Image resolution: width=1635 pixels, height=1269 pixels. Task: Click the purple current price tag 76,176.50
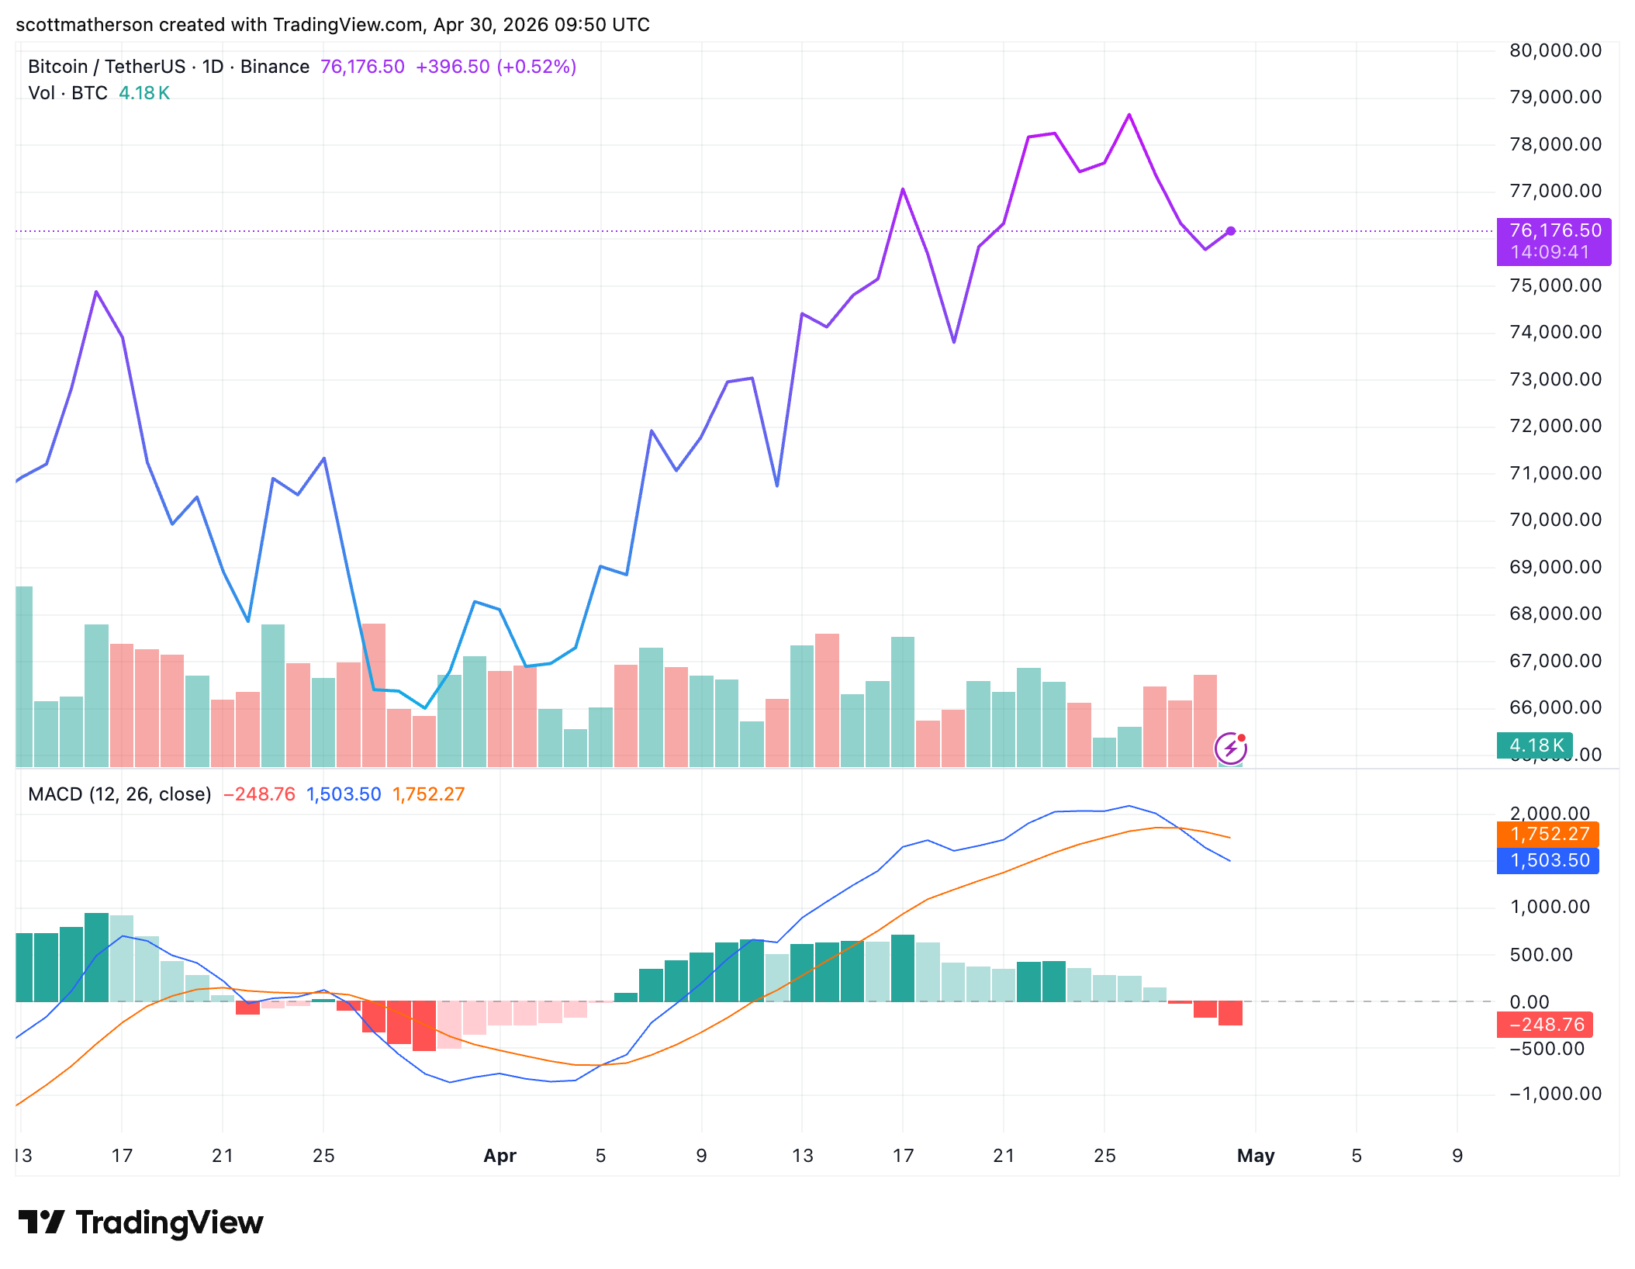(1554, 231)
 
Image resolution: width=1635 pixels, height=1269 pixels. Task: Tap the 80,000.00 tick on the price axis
(1555, 51)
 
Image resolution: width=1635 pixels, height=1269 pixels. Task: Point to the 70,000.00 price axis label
(1555, 520)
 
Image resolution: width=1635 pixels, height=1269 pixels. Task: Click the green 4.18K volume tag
(1535, 745)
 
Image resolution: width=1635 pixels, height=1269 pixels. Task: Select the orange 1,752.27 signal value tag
(1549, 835)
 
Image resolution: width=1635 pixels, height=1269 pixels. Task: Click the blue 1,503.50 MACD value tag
(1549, 860)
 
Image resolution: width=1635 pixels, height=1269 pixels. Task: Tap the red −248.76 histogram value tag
(1546, 1025)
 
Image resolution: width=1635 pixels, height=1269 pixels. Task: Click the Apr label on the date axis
(499, 1156)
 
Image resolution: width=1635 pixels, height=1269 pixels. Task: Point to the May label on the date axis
(1256, 1156)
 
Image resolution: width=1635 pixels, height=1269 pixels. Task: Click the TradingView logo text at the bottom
(169, 1223)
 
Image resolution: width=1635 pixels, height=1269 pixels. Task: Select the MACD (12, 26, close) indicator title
(119, 794)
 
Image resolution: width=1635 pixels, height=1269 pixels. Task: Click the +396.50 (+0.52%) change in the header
(496, 67)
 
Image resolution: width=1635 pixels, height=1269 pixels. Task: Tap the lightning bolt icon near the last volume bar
(1230, 749)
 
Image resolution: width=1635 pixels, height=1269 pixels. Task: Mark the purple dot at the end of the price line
(1231, 231)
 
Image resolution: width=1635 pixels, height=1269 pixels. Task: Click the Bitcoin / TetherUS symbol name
(106, 67)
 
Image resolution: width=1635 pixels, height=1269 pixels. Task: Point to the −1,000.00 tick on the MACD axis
(1555, 1094)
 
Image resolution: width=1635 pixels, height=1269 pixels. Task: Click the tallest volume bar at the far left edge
(24, 675)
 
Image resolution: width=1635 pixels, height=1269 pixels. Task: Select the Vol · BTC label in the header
(67, 93)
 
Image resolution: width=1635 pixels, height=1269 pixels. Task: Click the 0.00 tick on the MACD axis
(1529, 1002)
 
